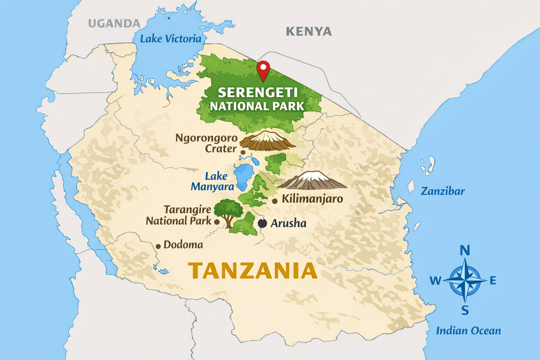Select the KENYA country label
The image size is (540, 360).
pyautogui.click(x=309, y=31)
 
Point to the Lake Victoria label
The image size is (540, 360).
pyautogui.click(x=171, y=39)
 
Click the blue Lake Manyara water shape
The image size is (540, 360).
pyautogui.click(x=243, y=175)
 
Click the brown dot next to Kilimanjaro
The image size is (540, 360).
pyautogui.click(x=274, y=201)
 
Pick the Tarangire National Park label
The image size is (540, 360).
pyautogui.click(x=179, y=216)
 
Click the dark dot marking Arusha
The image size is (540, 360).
pyautogui.click(x=263, y=223)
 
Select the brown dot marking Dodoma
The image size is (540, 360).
pyautogui.click(x=158, y=246)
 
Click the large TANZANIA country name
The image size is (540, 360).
pyautogui.click(x=252, y=271)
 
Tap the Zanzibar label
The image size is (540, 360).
pyautogui.click(x=442, y=191)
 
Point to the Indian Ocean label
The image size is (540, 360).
pyautogui.click(x=468, y=331)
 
